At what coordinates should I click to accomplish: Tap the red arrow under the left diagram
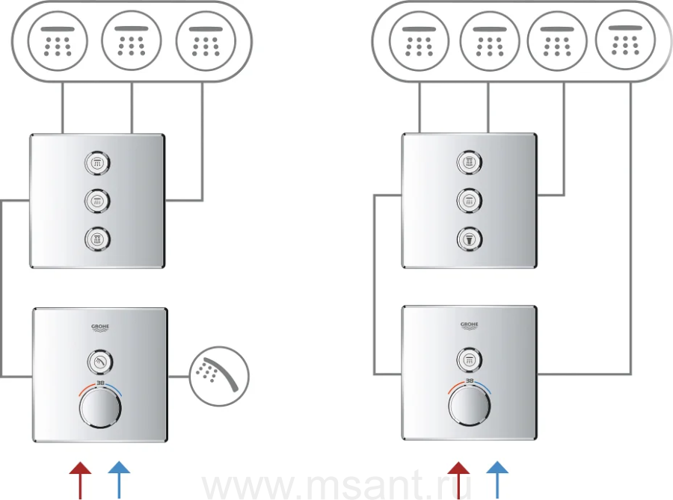tap(80, 478)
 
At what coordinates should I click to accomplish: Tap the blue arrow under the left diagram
tap(119, 478)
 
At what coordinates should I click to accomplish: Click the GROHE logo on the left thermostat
tap(99, 327)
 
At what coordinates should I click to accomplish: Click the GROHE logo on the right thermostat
tap(470, 324)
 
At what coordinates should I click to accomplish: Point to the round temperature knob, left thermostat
tap(99, 413)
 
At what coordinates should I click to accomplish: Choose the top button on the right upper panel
tap(470, 162)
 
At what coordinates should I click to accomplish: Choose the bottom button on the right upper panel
tap(470, 238)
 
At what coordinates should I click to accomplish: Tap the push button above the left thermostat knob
tap(99, 362)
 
